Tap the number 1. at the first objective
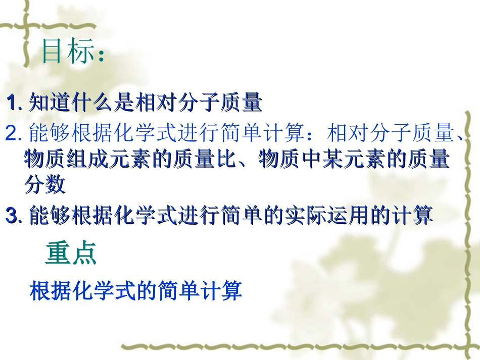click(14, 103)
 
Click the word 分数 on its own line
click(44, 185)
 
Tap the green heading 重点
click(71, 254)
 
